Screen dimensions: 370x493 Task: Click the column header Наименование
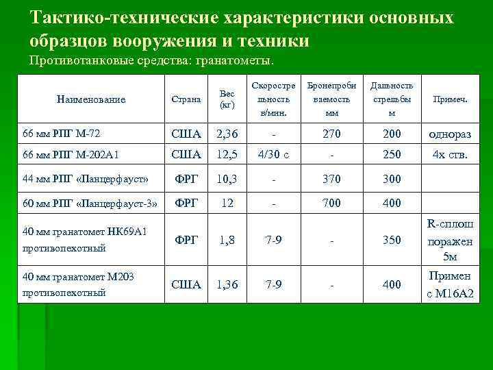click(92, 99)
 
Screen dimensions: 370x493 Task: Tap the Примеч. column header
click(450, 99)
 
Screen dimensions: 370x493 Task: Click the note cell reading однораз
click(450, 133)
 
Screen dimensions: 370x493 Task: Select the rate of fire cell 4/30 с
click(273, 154)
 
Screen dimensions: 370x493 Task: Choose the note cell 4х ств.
click(450, 154)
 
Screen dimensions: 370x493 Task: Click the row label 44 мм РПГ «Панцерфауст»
click(86, 179)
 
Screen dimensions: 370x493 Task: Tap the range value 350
click(392, 241)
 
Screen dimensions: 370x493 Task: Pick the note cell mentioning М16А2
click(450, 295)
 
